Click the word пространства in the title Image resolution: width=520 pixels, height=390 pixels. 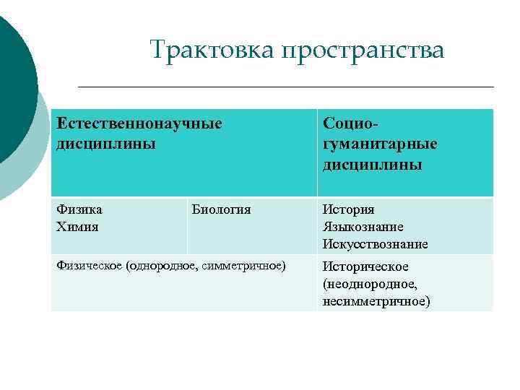[x=363, y=51]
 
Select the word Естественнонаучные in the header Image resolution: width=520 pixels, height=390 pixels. [x=139, y=124]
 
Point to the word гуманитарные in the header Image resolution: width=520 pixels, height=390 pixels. [x=380, y=144]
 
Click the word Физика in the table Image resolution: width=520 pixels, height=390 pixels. [x=79, y=210]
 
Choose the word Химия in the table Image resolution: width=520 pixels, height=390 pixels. [x=77, y=227]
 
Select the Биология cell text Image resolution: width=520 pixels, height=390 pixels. [x=222, y=210]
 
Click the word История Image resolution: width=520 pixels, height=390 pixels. [x=348, y=210]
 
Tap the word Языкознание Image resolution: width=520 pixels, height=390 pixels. [x=363, y=227]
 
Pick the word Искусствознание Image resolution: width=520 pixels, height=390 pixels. [x=375, y=245]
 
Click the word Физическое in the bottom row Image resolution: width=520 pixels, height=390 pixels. [x=89, y=266]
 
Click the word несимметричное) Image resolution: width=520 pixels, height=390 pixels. [x=376, y=301]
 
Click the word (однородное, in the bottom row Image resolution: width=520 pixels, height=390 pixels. [x=158, y=266]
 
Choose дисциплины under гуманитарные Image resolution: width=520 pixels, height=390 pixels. [x=372, y=165]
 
